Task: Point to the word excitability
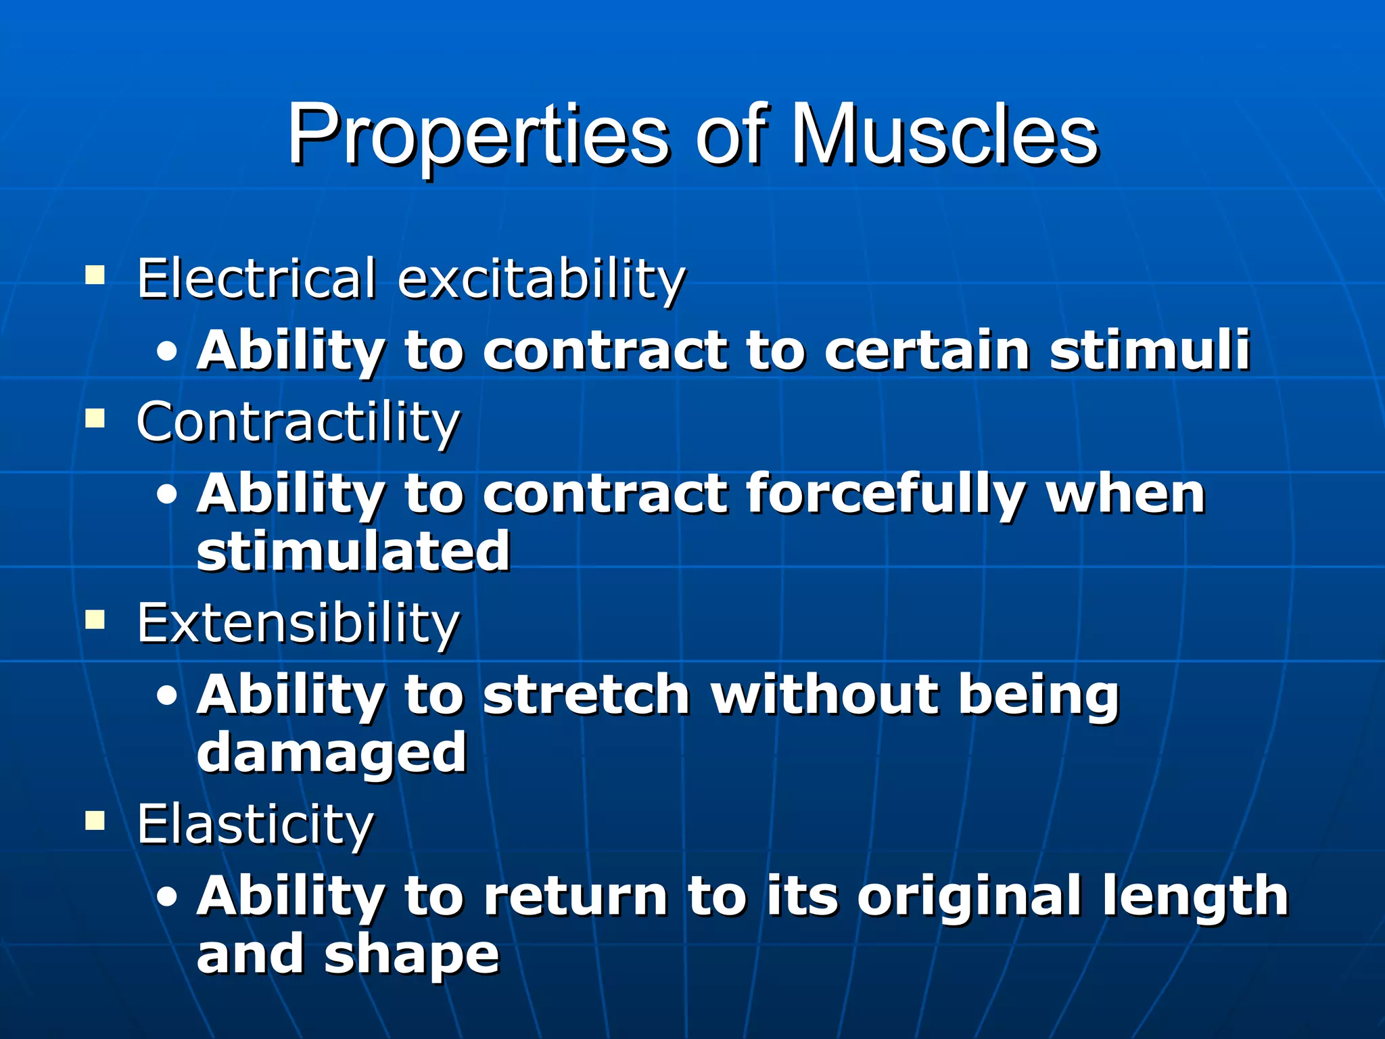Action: (542, 280)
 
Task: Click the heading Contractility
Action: (298, 422)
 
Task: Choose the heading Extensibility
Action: (298, 623)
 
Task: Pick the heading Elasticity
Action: (255, 825)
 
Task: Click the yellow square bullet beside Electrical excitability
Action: (95, 275)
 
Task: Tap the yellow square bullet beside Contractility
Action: (95, 419)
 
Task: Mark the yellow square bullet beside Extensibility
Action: (95, 620)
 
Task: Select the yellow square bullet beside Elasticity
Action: (95, 821)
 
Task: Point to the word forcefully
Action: (885, 494)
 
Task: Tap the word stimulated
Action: (353, 551)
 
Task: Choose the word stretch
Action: (586, 695)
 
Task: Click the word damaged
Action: (331, 753)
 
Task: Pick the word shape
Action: (412, 954)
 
